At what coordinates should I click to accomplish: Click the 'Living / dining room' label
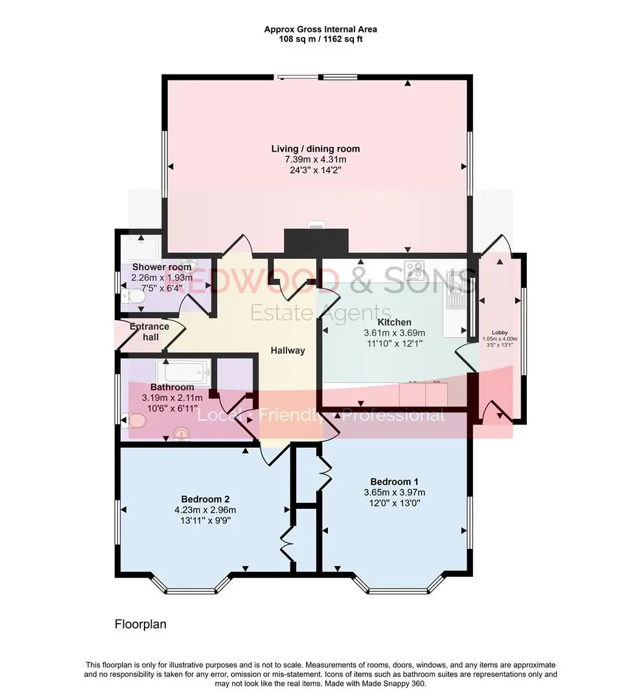316,148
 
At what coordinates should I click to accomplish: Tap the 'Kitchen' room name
394,322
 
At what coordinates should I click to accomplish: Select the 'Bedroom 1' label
394,482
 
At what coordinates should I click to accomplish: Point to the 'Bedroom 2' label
205,499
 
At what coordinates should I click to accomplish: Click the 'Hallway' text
288,351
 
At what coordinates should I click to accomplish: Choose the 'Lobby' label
500,332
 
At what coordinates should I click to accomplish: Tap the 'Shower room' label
161,267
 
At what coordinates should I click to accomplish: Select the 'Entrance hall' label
150,332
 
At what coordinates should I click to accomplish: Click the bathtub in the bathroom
183,372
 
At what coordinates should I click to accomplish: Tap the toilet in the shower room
132,296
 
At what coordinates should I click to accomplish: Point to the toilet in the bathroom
134,421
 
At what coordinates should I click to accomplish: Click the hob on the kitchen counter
415,270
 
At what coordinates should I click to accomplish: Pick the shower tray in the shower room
141,249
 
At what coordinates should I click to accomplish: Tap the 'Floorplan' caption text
141,624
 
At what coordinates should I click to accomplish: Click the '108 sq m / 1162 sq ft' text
320,39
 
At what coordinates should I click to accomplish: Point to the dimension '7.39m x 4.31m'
316,159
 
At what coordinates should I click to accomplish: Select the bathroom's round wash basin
181,434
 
